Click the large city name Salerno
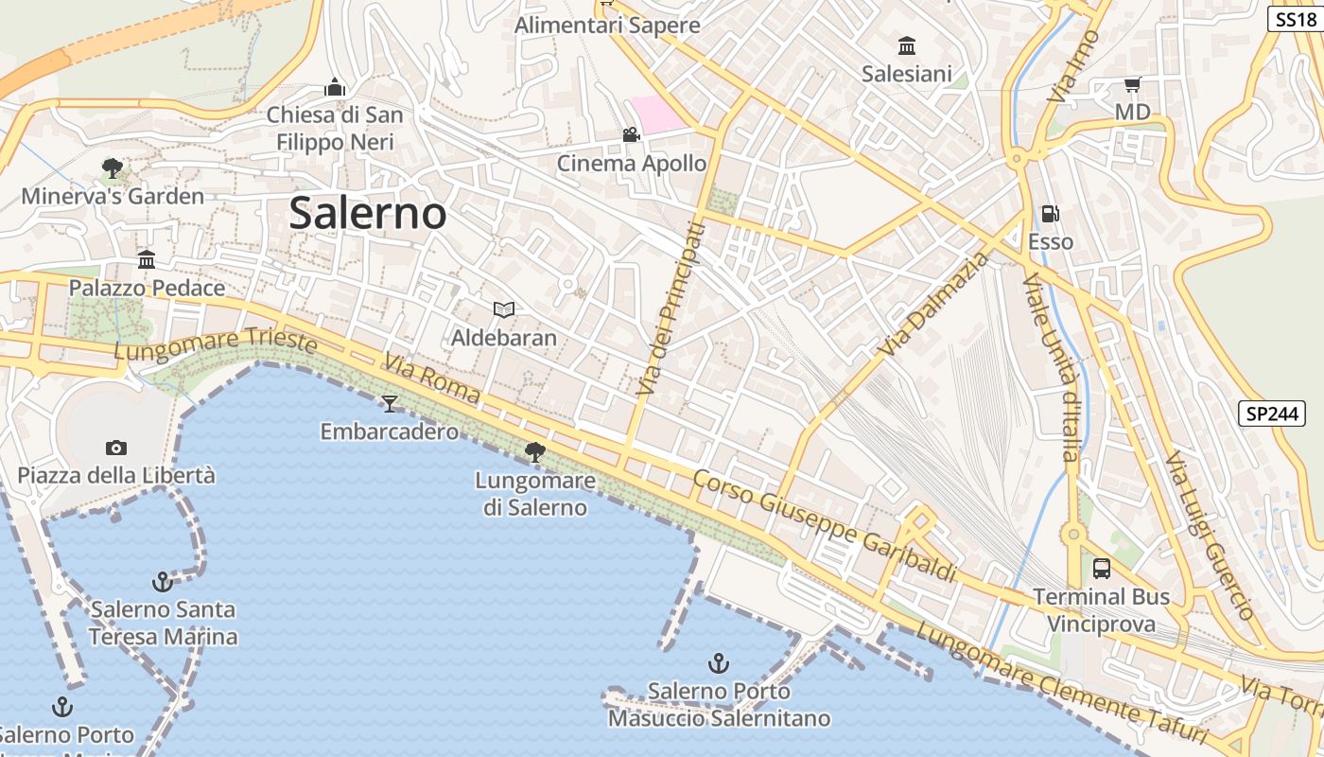[x=367, y=213]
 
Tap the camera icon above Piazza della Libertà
[x=116, y=448]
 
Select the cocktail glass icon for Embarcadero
[x=389, y=404]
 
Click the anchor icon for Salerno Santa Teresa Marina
[x=163, y=580]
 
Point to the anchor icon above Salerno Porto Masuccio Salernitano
[x=719, y=662]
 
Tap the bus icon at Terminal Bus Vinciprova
[x=1101, y=569]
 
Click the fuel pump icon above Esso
[x=1050, y=214]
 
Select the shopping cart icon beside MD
[x=1132, y=85]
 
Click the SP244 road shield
[x=1271, y=414]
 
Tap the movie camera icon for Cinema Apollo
[x=631, y=135]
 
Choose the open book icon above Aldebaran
[x=504, y=309]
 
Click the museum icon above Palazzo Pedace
[x=147, y=259]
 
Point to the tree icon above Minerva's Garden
[x=112, y=168]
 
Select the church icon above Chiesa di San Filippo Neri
[x=335, y=88]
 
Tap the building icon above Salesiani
[x=907, y=45]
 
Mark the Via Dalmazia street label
[x=933, y=304]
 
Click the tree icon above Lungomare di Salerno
[x=535, y=452]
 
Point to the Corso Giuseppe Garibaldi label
[x=825, y=524]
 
